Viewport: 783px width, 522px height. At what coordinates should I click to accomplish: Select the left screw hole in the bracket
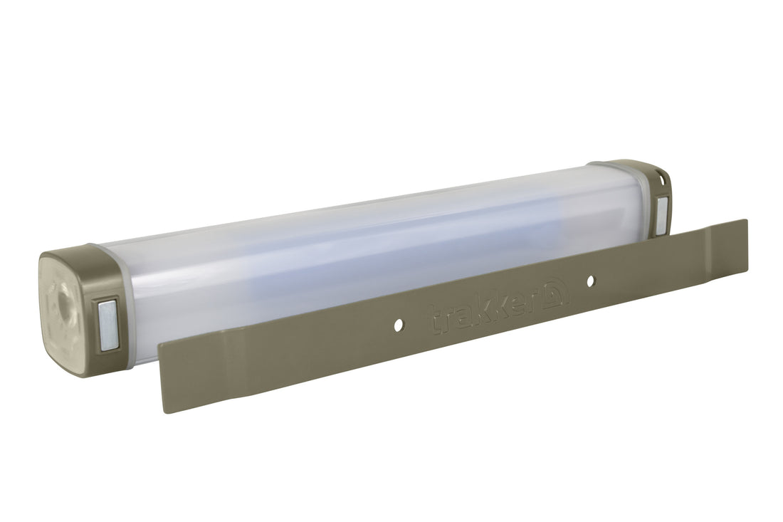(397, 323)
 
